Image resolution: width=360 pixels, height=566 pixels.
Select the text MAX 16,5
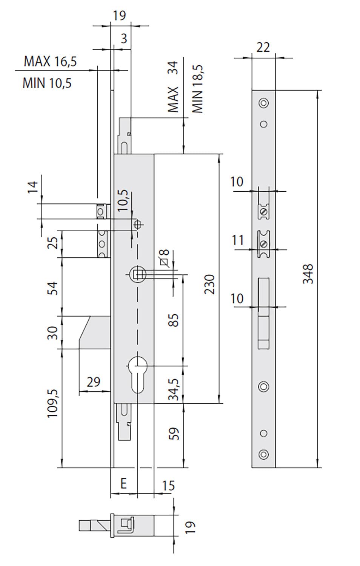(x=50, y=62)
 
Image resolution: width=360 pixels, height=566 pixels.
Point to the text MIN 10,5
(x=47, y=83)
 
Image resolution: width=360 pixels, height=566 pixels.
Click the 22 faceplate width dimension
(x=263, y=47)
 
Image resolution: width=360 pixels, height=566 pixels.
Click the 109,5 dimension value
(x=53, y=403)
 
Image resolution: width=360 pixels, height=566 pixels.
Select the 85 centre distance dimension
(x=174, y=320)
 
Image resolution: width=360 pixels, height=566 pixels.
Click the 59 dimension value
(x=174, y=434)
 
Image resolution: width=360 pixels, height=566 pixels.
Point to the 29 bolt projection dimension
(x=94, y=382)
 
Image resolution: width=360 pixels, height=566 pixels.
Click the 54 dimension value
(x=53, y=288)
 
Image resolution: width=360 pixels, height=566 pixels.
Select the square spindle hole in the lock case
(x=137, y=274)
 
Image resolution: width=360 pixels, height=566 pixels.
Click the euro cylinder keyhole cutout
(x=138, y=374)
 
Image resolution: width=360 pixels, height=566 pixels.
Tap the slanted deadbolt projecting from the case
(x=95, y=332)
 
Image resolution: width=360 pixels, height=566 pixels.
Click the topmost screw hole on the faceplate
(x=263, y=103)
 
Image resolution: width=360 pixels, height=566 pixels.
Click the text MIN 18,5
(x=198, y=89)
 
